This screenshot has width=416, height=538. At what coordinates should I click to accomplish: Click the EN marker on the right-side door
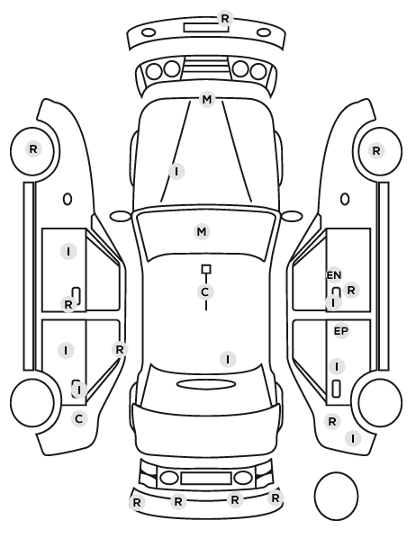333,275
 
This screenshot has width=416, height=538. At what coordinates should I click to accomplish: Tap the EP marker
341,331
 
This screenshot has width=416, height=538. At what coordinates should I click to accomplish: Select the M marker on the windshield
202,232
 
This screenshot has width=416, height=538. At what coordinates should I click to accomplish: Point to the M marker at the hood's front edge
207,100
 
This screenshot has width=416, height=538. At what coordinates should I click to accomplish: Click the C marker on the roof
205,292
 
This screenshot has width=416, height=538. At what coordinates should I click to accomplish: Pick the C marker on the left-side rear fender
79,419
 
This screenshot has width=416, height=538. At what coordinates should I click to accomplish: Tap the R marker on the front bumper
225,19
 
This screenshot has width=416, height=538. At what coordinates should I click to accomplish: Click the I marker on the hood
176,171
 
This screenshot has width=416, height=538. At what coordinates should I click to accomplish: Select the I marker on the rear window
228,359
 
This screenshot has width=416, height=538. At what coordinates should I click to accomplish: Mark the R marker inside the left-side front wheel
33,149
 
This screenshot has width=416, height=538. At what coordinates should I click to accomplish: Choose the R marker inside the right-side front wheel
376,150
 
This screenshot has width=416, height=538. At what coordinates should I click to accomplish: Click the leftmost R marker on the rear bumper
137,503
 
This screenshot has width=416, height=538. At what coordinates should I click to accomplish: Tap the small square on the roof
206,269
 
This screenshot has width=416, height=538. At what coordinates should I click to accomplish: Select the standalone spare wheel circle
336,473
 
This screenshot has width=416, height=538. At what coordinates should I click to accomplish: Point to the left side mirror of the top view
121,216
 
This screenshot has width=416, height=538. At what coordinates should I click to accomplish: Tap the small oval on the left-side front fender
68,199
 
